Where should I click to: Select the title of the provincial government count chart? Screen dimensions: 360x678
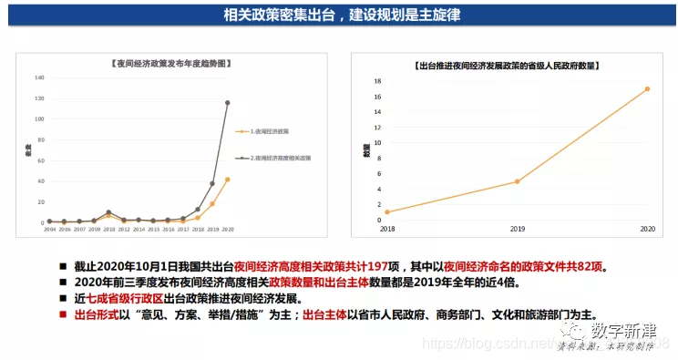click(508, 66)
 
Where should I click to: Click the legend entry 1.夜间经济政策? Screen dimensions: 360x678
click(270, 130)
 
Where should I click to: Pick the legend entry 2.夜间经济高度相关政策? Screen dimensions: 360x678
click(281, 158)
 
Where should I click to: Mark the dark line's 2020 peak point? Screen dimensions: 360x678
click(227, 103)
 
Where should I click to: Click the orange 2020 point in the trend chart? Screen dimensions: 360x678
click(227, 180)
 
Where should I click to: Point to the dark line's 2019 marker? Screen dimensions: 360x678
click(212, 183)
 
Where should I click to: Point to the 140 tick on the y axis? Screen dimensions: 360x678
click(39, 77)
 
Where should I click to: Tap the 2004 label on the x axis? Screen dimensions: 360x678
click(49, 230)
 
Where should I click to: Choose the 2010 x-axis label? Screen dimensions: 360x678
click(108, 230)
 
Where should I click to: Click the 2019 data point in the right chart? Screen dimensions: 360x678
click(517, 181)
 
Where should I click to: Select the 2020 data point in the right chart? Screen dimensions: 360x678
click(647, 89)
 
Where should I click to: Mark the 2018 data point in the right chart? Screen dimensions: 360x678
click(387, 212)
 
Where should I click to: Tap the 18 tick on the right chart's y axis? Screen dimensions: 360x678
click(376, 81)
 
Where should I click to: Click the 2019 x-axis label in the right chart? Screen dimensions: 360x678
click(517, 229)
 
